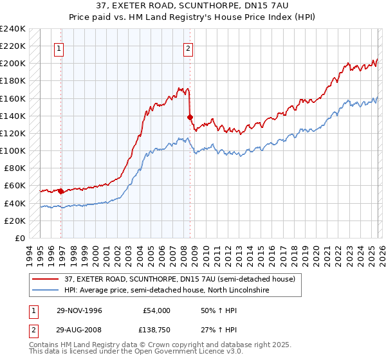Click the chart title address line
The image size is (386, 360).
193,6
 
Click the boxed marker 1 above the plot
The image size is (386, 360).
59,48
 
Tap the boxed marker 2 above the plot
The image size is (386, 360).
188,48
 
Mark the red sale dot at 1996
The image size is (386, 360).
60,191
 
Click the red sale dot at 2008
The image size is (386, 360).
190,117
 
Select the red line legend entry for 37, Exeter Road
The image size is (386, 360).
179,279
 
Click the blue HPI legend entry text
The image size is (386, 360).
166,291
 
